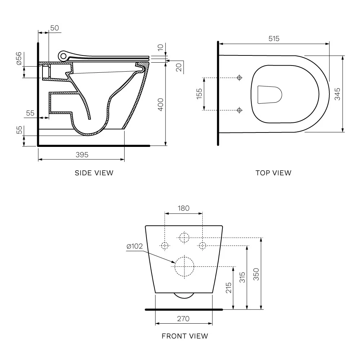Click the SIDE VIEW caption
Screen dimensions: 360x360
[94, 173]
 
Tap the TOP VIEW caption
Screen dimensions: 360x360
[274, 173]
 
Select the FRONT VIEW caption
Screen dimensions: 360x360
[185, 336]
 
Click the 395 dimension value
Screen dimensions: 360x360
[82, 155]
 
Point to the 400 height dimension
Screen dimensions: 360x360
[161, 104]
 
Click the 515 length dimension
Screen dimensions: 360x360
[274, 39]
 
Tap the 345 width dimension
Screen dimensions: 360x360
[337, 94]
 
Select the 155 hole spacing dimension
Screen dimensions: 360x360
[199, 94]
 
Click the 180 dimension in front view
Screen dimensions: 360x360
[184, 208]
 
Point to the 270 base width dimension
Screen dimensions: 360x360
[183, 319]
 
